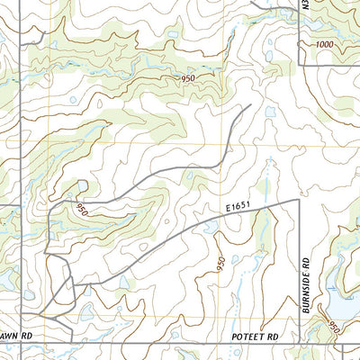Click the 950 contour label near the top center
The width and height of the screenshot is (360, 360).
[x=187, y=79]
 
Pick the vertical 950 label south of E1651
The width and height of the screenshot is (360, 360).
[x=220, y=266]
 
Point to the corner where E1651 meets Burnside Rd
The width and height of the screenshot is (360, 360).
[x=296, y=200]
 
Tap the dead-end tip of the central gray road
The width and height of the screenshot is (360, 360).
[x=249, y=105]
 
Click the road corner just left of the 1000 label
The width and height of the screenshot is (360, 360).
[x=300, y=65]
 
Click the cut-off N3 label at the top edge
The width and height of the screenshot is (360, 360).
[x=305, y=7]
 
